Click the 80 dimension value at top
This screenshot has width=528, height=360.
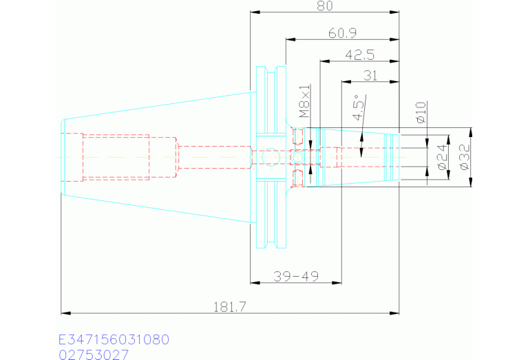pyautogui.click(x=325, y=6)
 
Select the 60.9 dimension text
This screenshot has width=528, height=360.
pyautogui.click(x=342, y=33)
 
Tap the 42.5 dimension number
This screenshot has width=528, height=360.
pyautogui.click(x=359, y=55)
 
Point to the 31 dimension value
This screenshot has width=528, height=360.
pyautogui.click(x=370, y=76)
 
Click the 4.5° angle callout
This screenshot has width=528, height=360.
pyautogui.click(x=359, y=107)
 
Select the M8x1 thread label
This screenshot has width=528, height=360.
pyautogui.click(x=305, y=100)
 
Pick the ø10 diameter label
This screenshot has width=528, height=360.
pyautogui.click(x=421, y=112)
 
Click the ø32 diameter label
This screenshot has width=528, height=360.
pyautogui.click(x=465, y=157)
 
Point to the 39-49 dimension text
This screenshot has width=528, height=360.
pyautogui.click(x=296, y=277)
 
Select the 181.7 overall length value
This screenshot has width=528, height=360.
pyautogui.click(x=230, y=307)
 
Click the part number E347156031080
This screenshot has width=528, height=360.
pyautogui.click(x=114, y=339)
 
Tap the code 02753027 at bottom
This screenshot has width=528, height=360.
pyautogui.click(x=94, y=354)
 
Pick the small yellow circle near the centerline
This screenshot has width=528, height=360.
pyautogui.click(x=297, y=157)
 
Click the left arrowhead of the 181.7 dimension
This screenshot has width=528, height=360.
pyautogui.click(x=65, y=313)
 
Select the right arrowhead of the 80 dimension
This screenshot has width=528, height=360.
pyautogui.click(x=394, y=12)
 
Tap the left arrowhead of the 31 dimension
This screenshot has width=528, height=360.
pyautogui.click(x=346, y=81)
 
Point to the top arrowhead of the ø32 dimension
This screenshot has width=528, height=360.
pyautogui.click(x=471, y=133)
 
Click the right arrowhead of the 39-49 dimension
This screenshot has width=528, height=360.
pyautogui.click(x=337, y=282)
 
